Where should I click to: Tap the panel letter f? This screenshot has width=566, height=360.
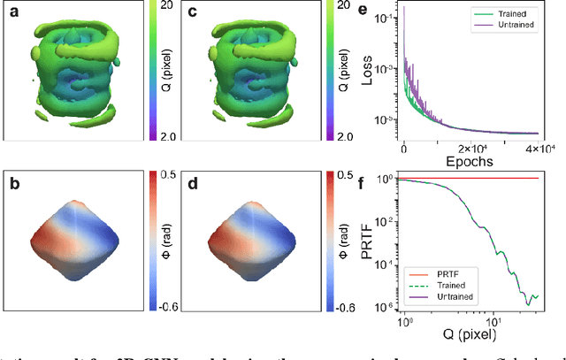click(x=383, y=182)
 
